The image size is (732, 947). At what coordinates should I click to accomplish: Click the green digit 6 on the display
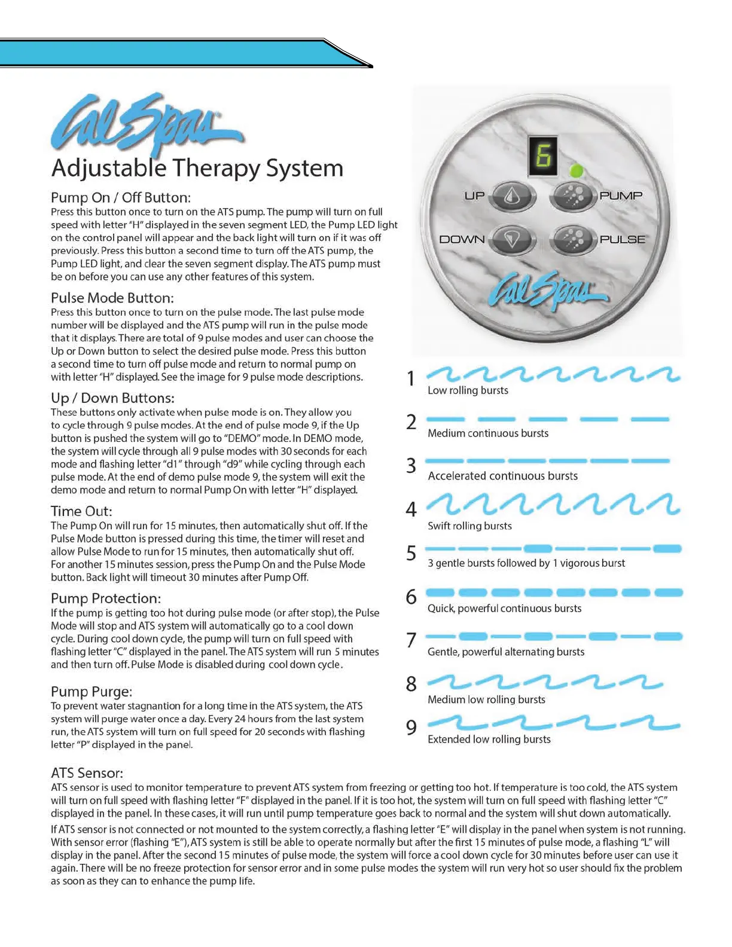pyautogui.click(x=543, y=157)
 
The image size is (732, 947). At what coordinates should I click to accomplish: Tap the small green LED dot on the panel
pyautogui.click(x=576, y=171)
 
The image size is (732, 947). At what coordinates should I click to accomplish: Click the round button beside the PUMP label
pyautogui.click(x=572, y=196)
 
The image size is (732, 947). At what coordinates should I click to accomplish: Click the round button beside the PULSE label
pyautogui.click(x=572, y=239)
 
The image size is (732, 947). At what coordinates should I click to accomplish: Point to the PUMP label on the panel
pyautogui.click(x=621, y=195)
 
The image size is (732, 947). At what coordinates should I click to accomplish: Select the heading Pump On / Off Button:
pyautogui.click(x=121, y=197)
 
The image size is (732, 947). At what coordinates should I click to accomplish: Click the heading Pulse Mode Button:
pyautogui.click(x=112, y=298)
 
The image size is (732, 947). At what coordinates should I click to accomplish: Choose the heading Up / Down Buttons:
pyautogui.click(x=112, y=398)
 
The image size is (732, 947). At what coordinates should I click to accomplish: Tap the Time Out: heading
pyautogui.click(x=81, y=511)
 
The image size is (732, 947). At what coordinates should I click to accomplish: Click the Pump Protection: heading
pyautogui.click(x=106, y=598)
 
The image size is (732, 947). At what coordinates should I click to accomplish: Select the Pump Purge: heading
pyautogui.click(x=91, y=692)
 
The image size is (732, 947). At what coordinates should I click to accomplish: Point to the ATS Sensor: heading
pyautogui.click(x=87, y=773)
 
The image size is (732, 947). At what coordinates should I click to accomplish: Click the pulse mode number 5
pyautogui.click(x=411, y=553)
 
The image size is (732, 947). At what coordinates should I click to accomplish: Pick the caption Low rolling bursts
pyautogui.click(x=468, y=390)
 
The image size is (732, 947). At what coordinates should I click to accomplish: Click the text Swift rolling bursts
pyautogui.click(x=469, y=526)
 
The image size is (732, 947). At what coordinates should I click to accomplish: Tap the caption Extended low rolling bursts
pyautogui.click(x=489, y=740)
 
